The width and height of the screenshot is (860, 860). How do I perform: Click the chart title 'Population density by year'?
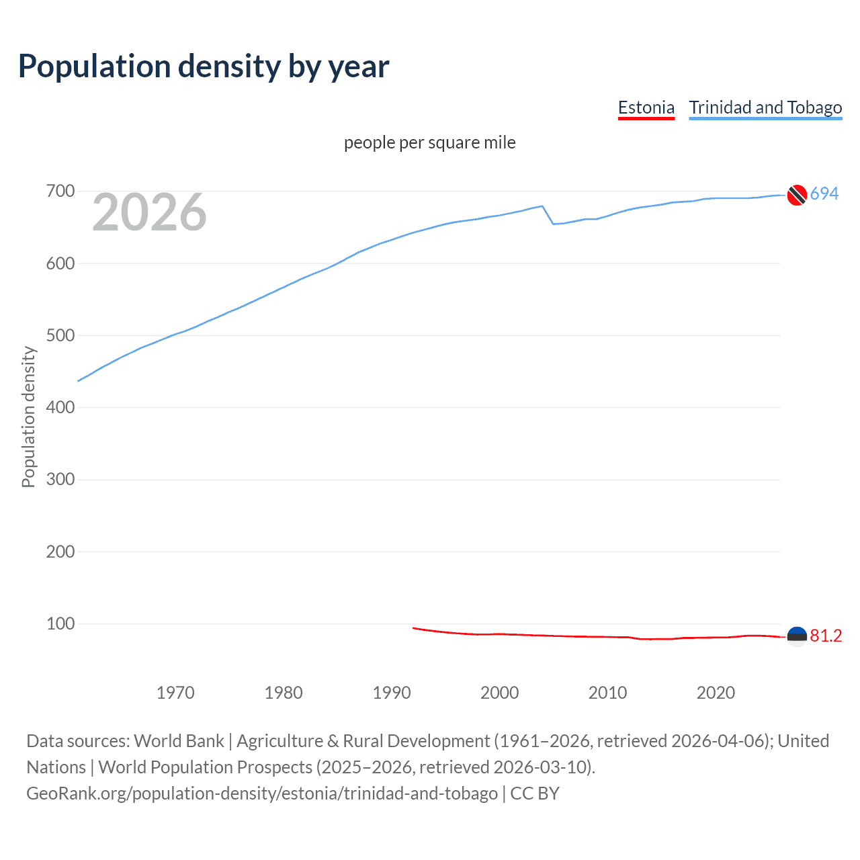point(204,66)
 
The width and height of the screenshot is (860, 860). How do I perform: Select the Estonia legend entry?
point(646,107)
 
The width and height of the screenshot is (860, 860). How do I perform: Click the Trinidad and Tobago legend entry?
point(765,107)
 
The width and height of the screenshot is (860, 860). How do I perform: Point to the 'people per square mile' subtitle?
point(429,142)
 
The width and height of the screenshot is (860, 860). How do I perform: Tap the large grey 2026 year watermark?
point(149,212)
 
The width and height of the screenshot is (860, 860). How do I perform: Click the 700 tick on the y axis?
point(60,191)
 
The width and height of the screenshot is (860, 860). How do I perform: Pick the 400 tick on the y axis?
point(60,407)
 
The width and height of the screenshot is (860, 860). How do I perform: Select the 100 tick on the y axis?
point(60,623)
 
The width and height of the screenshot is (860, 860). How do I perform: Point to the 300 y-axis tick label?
point(60,479)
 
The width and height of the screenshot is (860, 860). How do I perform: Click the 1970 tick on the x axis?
point(175,693)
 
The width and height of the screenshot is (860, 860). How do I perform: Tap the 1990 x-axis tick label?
point(392,693)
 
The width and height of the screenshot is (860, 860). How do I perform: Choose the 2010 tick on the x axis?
point(607,693)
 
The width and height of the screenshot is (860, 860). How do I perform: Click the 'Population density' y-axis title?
point(28,417)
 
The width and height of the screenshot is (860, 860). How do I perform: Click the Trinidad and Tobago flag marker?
point(796,195)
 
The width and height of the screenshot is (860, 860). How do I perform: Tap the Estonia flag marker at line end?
point(796,636)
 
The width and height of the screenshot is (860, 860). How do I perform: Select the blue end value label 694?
point(824,194)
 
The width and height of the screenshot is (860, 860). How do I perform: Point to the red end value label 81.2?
point(826,636)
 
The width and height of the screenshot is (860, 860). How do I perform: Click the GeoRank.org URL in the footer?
point(262,793)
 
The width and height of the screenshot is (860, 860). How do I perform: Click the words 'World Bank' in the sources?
point(179,741)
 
